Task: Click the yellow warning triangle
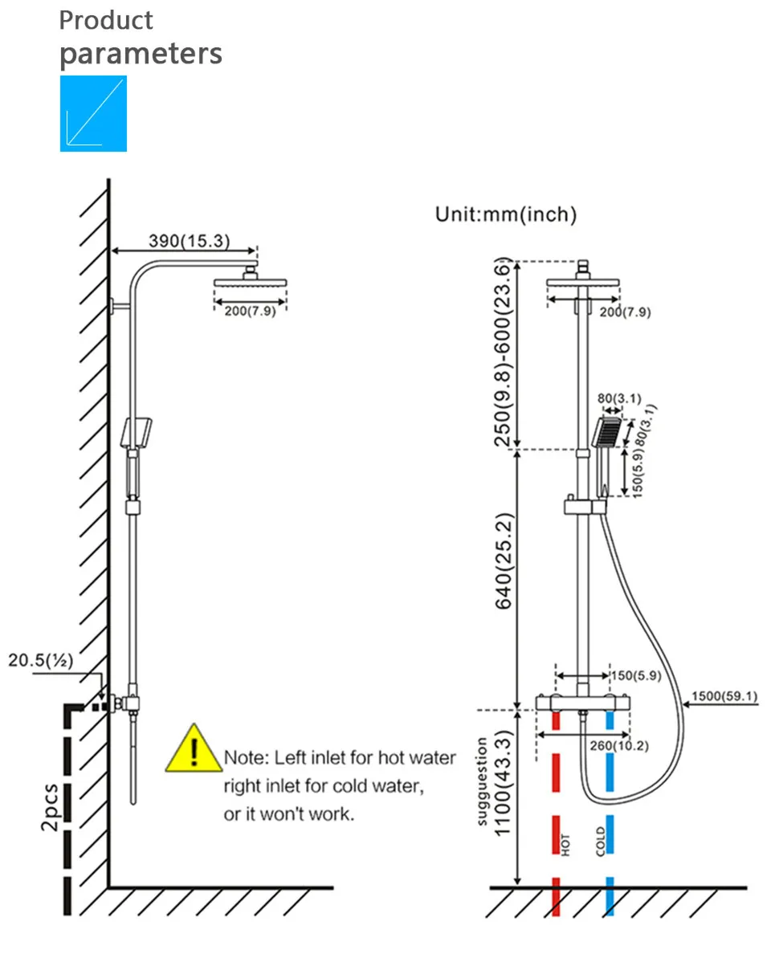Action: tap(194, 749)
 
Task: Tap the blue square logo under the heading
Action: tap(93, 113)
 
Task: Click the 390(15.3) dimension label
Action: tap(190, 241)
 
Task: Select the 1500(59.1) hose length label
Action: tap(724, 696)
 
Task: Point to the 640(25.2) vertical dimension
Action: tap(504, 561)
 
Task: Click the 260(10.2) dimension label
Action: tap(619, 745)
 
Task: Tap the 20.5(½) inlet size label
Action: tap(41, 660)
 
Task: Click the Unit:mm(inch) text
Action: tap(506, 214)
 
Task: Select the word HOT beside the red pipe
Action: tap(565, 845)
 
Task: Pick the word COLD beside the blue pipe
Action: tap(601, 842)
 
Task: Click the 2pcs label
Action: tap(50, 807)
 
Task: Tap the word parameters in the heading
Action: tap(141, 54)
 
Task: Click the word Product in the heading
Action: tap(106, 20)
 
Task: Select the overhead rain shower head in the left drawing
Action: tap(250, 283)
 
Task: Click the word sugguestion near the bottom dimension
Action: tap(482, 781)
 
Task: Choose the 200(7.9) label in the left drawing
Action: tap(250, 311)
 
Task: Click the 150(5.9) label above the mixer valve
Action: tap(636, 675)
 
